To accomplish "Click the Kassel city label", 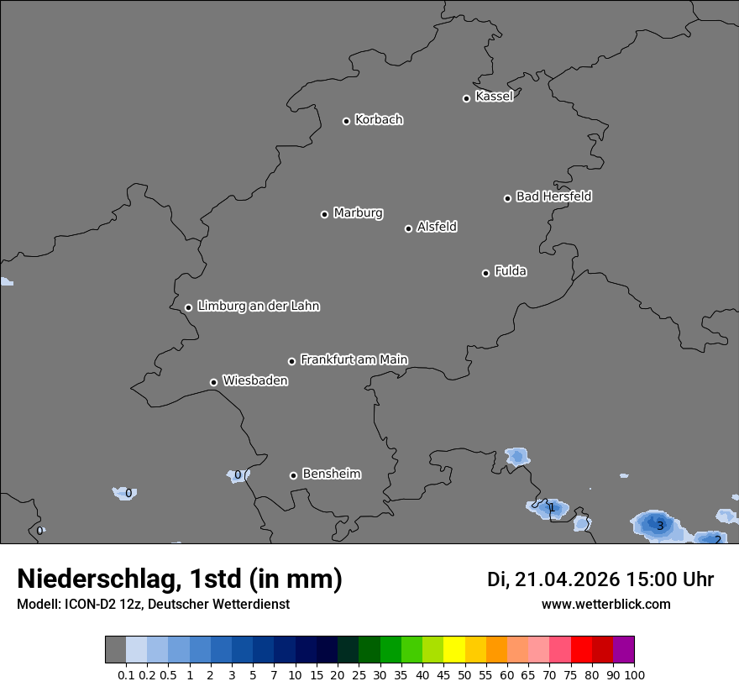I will (494, 97).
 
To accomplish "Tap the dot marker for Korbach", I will (346, 121).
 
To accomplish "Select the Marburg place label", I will (358, 213).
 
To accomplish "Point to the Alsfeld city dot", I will (408, 228).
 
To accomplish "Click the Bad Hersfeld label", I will (553, 197).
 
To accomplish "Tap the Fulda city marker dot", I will (485, 273).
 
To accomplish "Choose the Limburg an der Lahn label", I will (258, 307).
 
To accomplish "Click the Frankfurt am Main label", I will (354, 359).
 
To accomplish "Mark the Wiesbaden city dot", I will (213, 382).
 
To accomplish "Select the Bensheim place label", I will (331, 474).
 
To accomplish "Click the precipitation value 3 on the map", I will (660, 527).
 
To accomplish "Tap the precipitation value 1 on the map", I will (551, 507).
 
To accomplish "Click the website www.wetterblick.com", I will (605, 605).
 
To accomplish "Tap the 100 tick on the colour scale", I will (634, 674).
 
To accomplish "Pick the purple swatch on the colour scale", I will (623, 650).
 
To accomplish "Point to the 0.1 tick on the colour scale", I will (126, 674).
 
